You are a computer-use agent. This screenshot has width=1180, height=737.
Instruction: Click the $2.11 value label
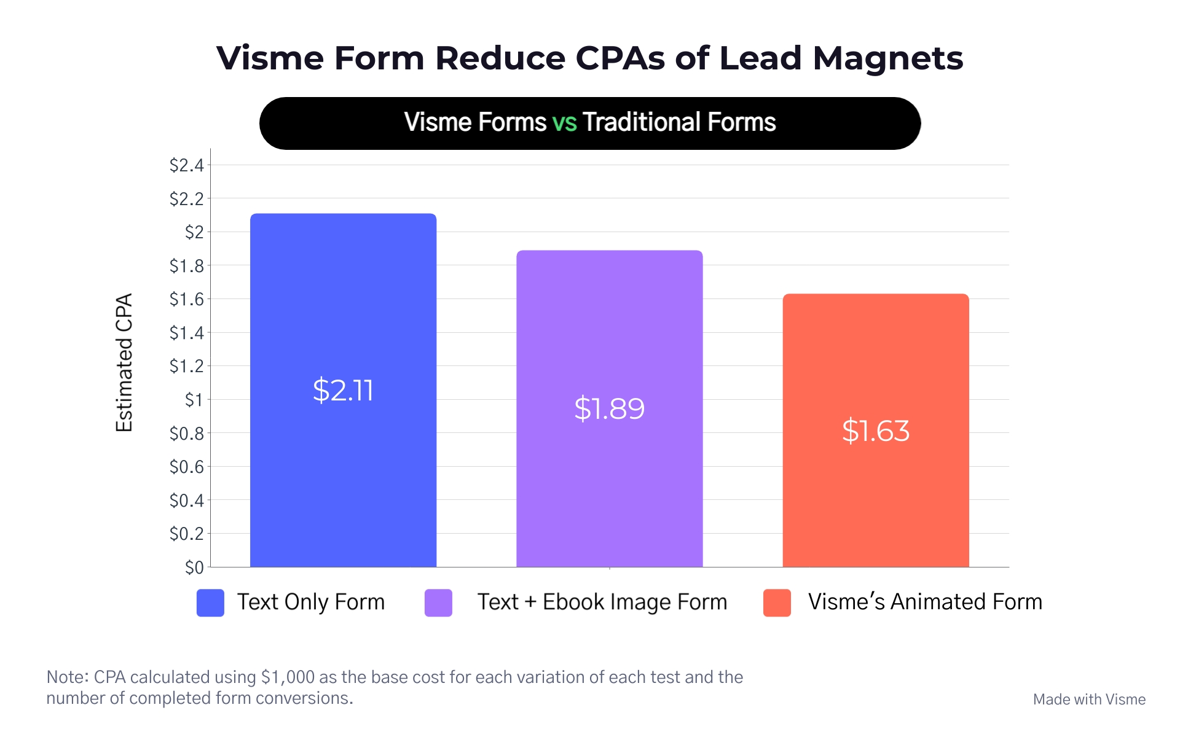click(x=343, y=391)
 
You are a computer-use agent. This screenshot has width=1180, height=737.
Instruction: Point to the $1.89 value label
click(x=609, y=409)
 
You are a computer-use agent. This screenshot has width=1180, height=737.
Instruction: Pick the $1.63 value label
click(x=875, y=431)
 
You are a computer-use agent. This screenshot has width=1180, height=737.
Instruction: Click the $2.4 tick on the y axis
click(x=186, y=165)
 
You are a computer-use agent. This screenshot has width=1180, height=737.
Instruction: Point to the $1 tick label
click(x=194, y=400)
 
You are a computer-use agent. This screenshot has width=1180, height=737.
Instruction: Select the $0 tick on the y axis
click(x=194, y=567)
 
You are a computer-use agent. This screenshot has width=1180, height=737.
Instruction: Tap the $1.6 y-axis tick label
click(x=186, y=299)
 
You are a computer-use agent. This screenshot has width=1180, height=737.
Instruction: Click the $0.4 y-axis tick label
click(x=186, y=501)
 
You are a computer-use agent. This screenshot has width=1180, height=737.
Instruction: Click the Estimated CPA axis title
click(x=124, y=362)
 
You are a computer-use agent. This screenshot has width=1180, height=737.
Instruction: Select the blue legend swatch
click(x=210, y=602)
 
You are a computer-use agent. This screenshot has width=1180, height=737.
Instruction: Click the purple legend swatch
click(x=438, y=602)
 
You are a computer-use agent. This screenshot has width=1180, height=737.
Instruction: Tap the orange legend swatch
click(x=777, y=602)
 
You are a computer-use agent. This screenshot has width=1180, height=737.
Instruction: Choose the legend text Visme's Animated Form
click(x=925, y=602)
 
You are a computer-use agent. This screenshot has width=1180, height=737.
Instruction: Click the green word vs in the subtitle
click(x=564, y=122)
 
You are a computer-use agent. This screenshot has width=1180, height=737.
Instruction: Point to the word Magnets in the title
click(x=887, y=58)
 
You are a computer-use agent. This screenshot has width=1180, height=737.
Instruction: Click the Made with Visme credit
click(x=1089, y=700)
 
